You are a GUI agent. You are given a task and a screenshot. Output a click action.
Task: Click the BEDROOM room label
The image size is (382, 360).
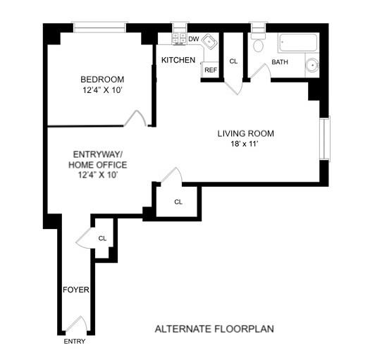(102, 79)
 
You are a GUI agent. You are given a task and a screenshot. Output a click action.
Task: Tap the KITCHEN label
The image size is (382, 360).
(178, 61)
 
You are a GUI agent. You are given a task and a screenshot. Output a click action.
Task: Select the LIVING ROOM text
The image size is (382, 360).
(245, 133)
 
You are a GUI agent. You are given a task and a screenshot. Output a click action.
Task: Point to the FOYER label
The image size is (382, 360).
(75, 290)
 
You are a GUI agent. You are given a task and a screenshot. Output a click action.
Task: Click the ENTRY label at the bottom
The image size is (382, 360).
(74, 342)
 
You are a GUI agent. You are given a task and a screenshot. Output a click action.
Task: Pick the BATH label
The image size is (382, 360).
(280, 62)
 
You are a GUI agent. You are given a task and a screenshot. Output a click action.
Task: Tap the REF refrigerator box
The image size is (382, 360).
(210, 70)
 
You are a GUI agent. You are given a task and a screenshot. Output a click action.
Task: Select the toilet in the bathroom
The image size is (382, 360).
(258, 44)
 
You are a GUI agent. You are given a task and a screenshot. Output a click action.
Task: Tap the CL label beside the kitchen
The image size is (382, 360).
(234, 61)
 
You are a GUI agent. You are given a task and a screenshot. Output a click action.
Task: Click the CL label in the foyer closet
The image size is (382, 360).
(102, 238)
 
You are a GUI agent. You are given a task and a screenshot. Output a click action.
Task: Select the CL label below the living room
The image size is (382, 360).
(178, 202)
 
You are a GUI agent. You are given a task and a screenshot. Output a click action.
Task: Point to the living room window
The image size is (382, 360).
(324, 138)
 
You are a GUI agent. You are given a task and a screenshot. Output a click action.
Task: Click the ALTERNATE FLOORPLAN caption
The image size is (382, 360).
(214, 329)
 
